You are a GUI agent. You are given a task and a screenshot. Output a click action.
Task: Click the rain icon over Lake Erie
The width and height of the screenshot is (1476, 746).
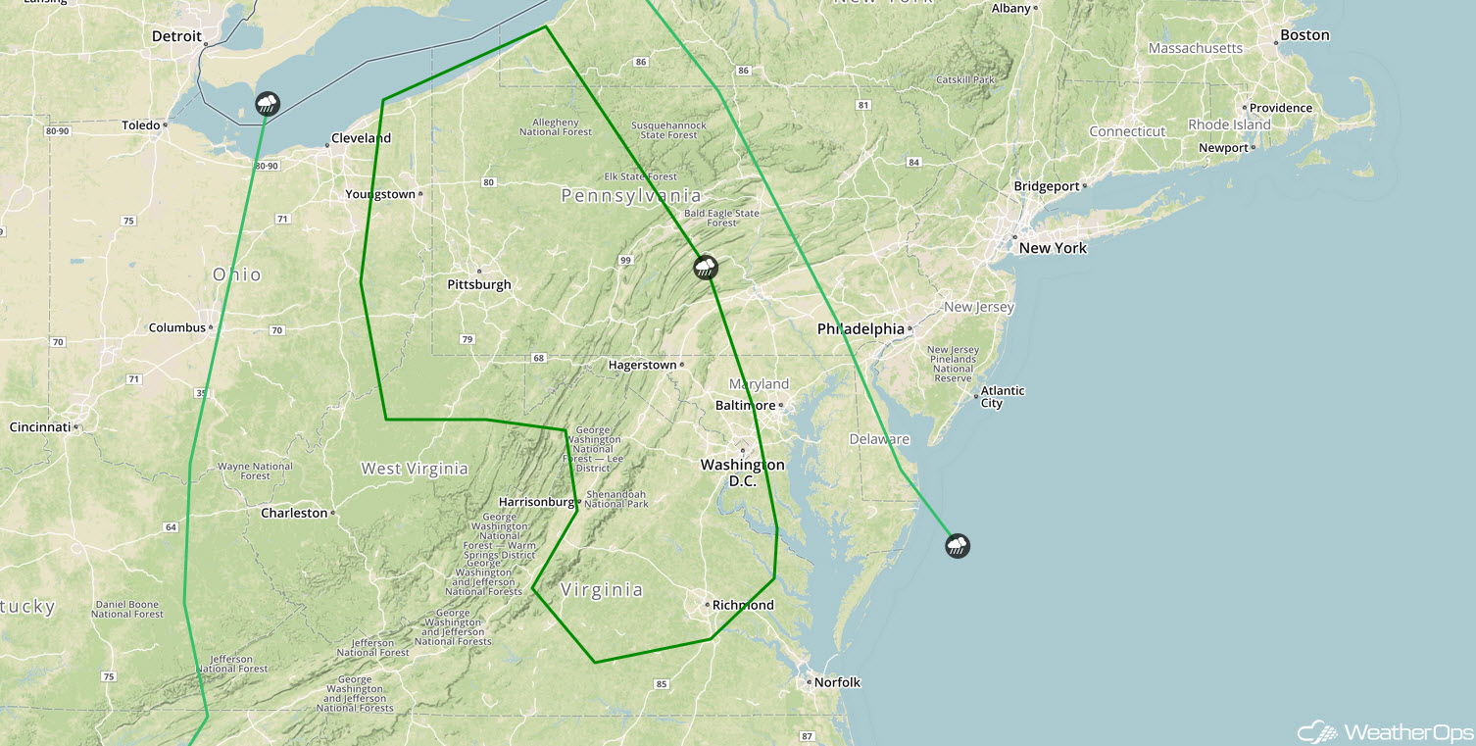267,103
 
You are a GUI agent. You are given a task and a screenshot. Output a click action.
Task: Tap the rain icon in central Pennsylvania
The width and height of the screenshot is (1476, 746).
705,267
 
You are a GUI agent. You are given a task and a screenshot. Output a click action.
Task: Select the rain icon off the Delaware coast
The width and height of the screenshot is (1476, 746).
958,545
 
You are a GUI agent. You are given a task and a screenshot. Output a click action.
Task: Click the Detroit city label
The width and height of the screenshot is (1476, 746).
176,36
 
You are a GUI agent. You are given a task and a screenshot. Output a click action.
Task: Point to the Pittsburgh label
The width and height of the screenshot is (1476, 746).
479,284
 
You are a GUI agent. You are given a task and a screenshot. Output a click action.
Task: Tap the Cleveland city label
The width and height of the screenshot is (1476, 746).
361,138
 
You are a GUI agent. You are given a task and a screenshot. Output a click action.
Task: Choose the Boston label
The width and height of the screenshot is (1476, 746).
1304,35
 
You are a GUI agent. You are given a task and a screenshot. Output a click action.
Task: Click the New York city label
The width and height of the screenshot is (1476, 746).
1053,248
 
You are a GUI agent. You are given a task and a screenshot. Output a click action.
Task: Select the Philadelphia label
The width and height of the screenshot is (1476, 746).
861,329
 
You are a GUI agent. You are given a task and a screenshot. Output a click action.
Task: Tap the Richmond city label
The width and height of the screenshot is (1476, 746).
743,605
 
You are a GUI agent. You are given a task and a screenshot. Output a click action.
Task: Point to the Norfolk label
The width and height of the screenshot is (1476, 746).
836,682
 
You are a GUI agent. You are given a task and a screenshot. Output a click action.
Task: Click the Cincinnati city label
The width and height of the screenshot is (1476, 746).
40,427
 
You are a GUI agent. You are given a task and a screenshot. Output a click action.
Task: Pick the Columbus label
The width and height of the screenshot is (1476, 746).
177,327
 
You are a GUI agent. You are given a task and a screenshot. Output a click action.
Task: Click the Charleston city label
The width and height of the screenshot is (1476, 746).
294,513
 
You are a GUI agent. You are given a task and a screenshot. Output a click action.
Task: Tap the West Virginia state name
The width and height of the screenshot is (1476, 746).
415,469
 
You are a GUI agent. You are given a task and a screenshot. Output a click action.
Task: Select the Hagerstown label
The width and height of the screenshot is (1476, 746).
642,365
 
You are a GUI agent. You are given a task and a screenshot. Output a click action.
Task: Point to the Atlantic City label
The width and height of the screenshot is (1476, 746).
1003,397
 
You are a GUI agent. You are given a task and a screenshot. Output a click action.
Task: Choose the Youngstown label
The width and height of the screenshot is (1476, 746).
380,194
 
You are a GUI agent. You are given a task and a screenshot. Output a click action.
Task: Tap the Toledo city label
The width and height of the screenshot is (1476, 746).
140,125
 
